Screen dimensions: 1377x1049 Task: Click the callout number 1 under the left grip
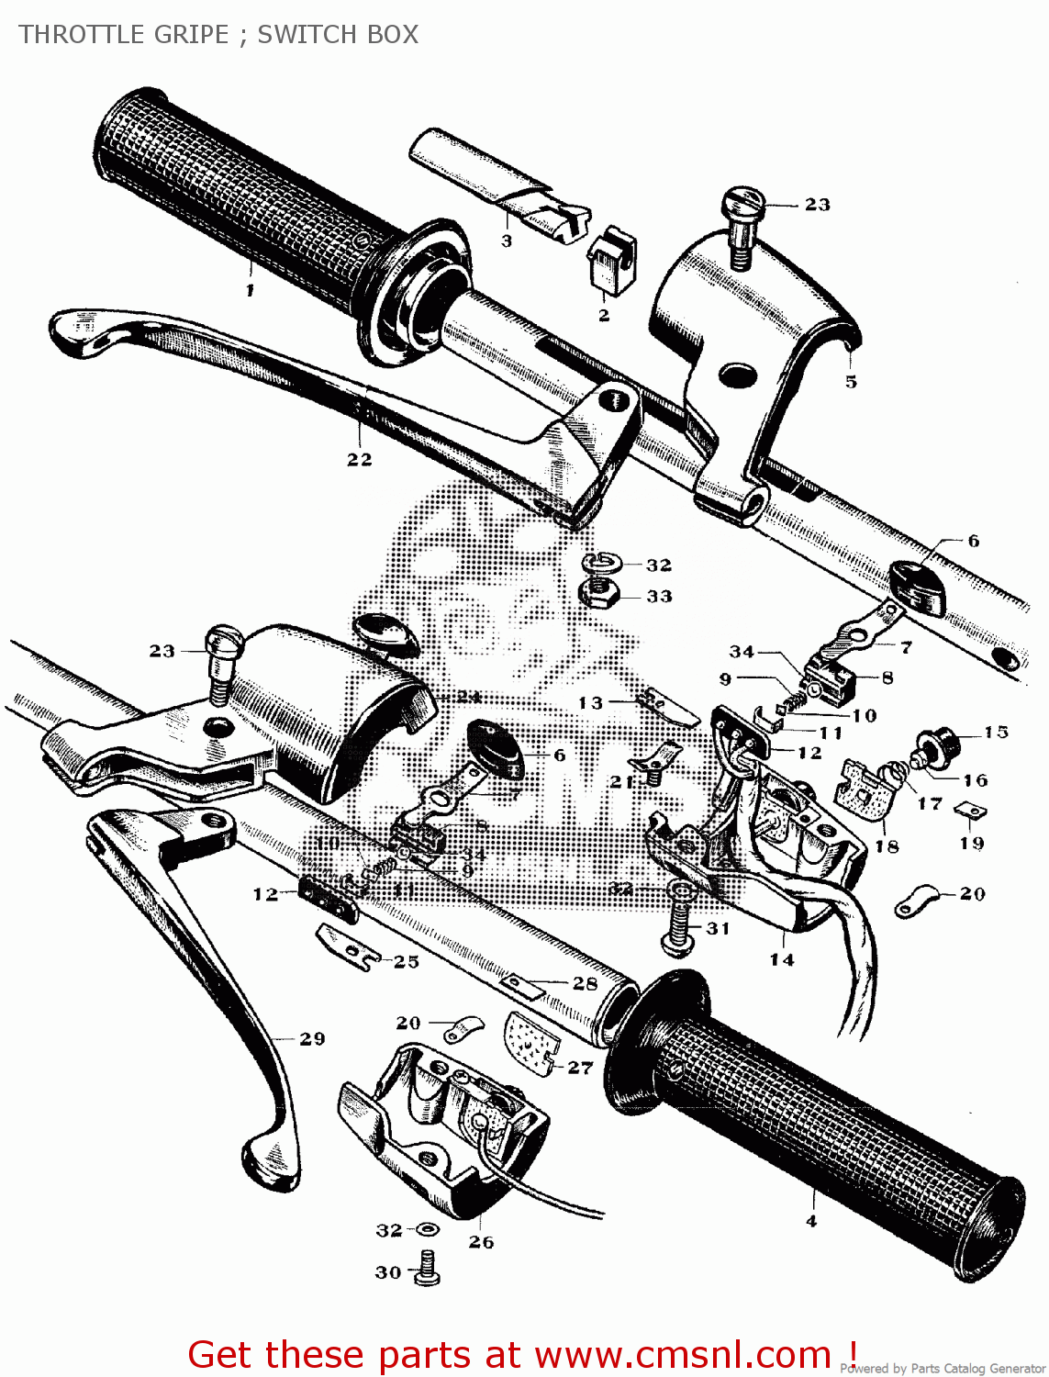click(250, 290)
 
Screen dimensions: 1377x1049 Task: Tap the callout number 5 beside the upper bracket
click(851, 381)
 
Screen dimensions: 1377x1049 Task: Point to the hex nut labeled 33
click(598, 594)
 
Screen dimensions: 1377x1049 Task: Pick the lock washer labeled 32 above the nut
click(602, 561)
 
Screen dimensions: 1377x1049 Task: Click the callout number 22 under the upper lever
click(360, 459)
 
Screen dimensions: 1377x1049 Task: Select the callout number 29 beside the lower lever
click(312, 1038)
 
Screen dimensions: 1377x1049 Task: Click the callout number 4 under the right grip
click(811, 1221)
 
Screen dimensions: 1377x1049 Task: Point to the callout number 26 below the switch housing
click(481, 1242)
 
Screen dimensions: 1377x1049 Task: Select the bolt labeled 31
click(677, 925)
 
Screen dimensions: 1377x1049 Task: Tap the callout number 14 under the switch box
click(782, 959)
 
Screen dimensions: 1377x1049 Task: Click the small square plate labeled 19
click(970, 810)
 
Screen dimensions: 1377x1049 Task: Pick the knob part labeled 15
click(937, 742)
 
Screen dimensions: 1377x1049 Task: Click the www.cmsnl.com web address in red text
click(683, 1354)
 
